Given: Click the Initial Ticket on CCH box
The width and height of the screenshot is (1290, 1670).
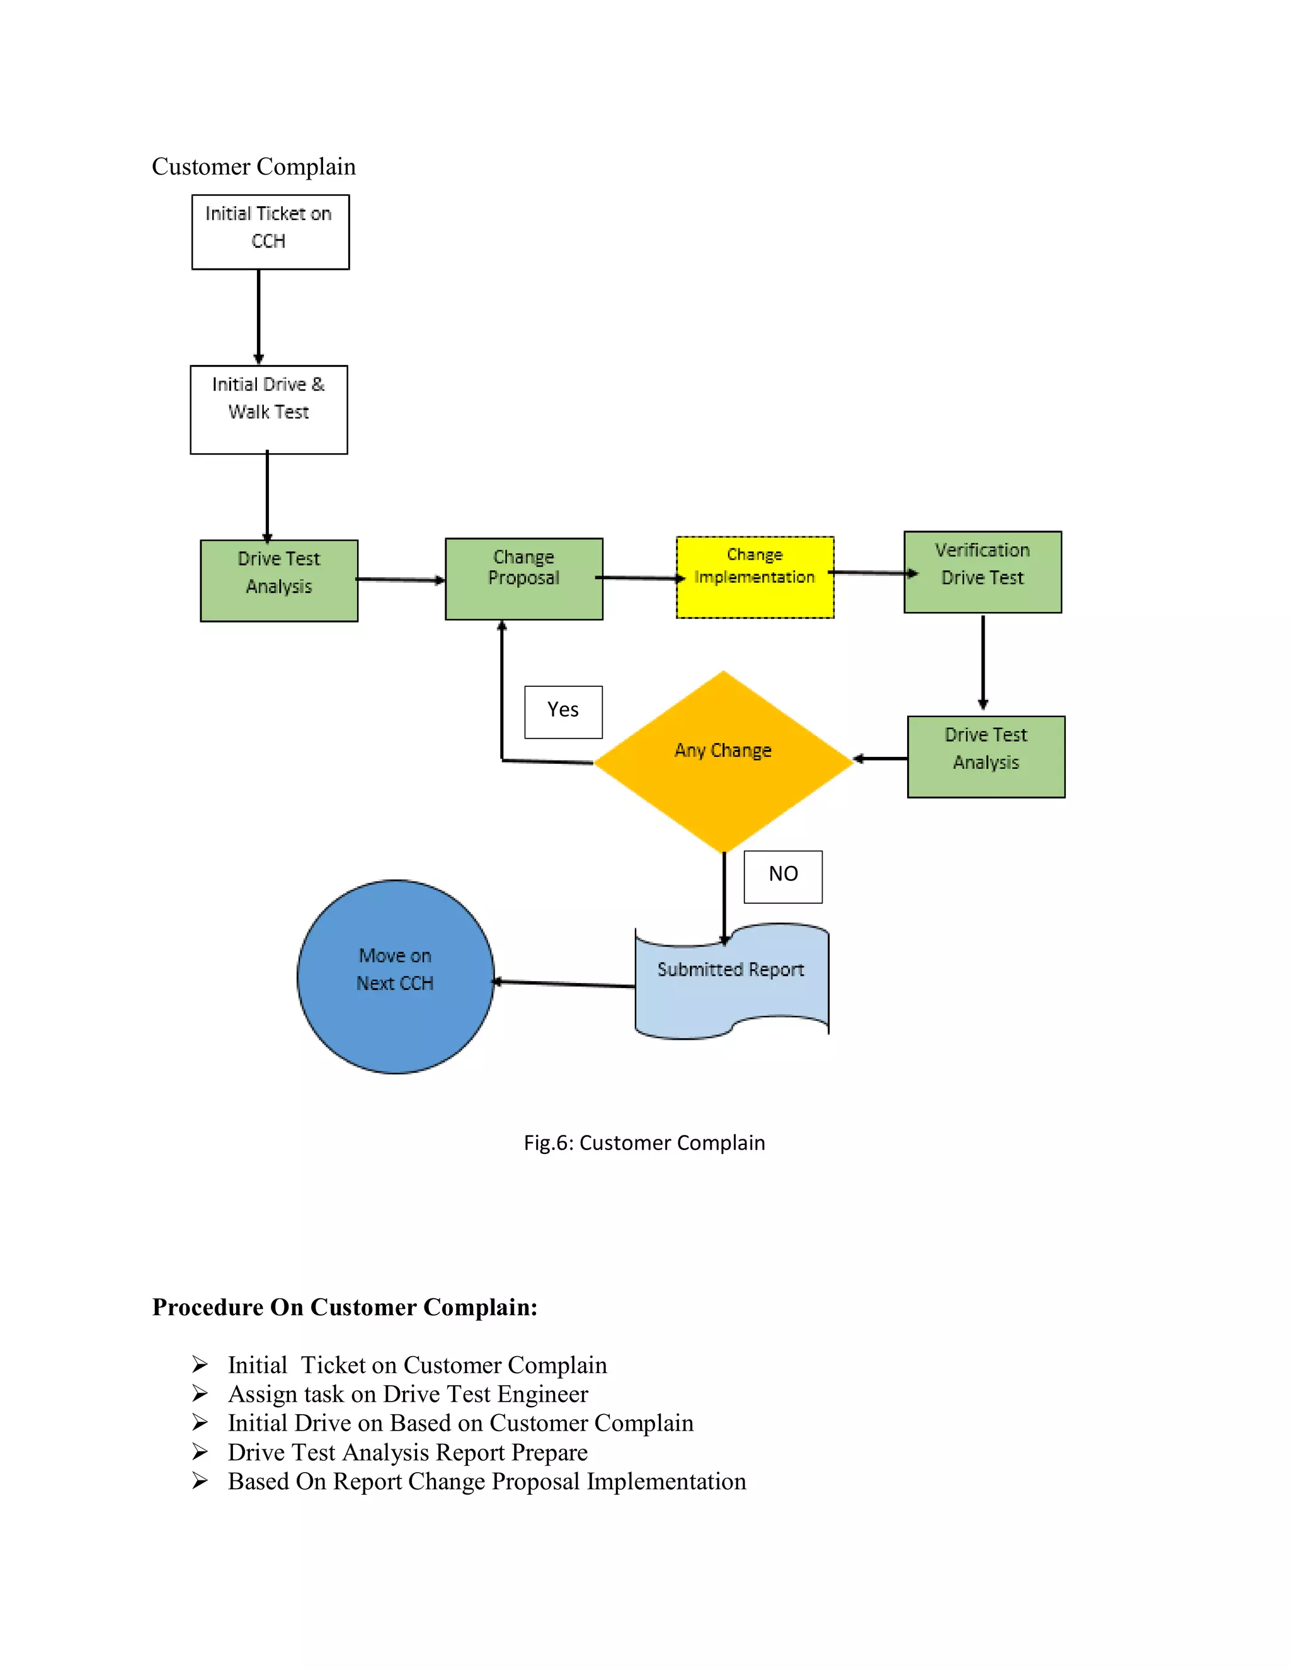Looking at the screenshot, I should click(270, 232).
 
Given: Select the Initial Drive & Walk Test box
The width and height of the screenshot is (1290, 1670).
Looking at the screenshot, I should click(269, 410).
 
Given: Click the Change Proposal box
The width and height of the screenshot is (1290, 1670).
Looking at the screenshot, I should click(524, 579).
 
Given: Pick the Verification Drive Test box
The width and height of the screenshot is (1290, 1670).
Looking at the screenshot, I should click(983, 572).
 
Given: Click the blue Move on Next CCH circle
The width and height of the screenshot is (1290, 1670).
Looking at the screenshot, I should click(395, 976).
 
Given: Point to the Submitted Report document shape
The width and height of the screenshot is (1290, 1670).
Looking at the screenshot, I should click(731, 982).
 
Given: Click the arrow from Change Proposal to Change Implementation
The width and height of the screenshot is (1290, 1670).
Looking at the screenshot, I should click(639, 578).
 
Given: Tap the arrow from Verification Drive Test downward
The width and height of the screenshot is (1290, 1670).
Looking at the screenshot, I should click(983, 662).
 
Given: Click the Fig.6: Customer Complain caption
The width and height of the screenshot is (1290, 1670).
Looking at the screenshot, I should click(644, 1143).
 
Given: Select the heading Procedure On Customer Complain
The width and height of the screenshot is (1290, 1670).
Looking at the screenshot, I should click(345, 1307).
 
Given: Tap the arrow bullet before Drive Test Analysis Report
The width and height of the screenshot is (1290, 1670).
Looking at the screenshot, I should click(200, 1451).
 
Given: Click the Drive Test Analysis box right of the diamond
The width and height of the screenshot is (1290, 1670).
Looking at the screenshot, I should click(986, 757).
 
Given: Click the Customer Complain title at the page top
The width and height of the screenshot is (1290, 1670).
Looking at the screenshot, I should click(254, 167).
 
